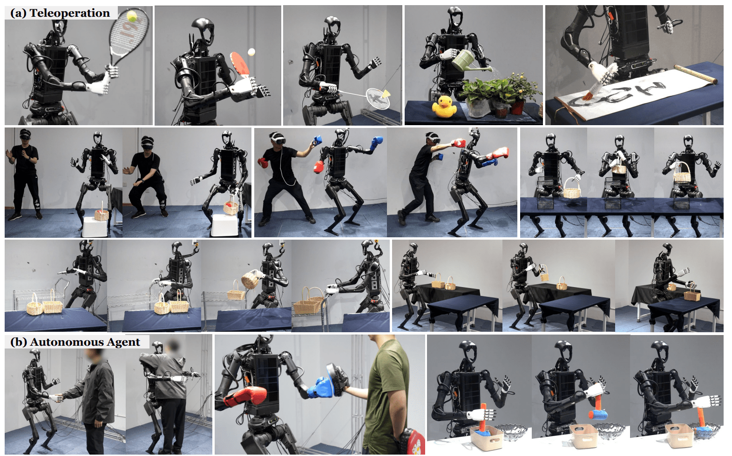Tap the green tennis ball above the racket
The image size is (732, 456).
click(x=132, y=15)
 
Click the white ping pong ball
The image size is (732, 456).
click(x=251, y=52)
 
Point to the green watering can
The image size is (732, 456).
click(x=468, y=61)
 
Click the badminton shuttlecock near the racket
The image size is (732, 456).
click(x=386, y=94)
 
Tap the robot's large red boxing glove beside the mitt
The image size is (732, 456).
click(x=245, y=396)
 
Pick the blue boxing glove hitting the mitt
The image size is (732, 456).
click(x=321, y=387)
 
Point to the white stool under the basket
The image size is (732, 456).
click(x=95, y=226)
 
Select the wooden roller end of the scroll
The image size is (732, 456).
click(x=696, y=74)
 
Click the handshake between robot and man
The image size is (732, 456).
click(x=59, y=398)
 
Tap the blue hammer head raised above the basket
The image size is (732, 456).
click(x=598, y=415)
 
